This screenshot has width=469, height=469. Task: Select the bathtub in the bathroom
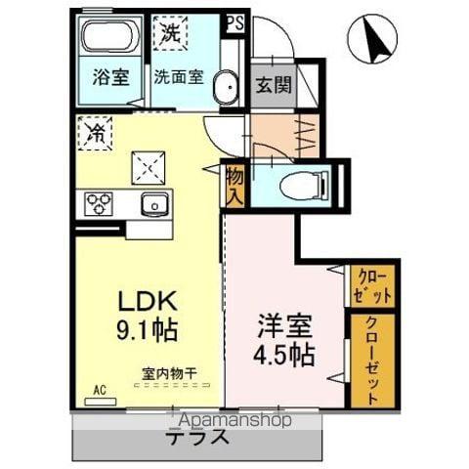point(110,39)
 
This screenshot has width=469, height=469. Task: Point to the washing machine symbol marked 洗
point(170,32)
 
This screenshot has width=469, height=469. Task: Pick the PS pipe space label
point(234,21)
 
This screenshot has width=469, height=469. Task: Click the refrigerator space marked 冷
point(97,132)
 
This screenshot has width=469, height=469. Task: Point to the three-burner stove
point(100,204)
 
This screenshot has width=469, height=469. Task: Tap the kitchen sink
point(155,204)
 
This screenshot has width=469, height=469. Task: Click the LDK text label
point(145,300)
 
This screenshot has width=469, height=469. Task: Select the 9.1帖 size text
point(145,330)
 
